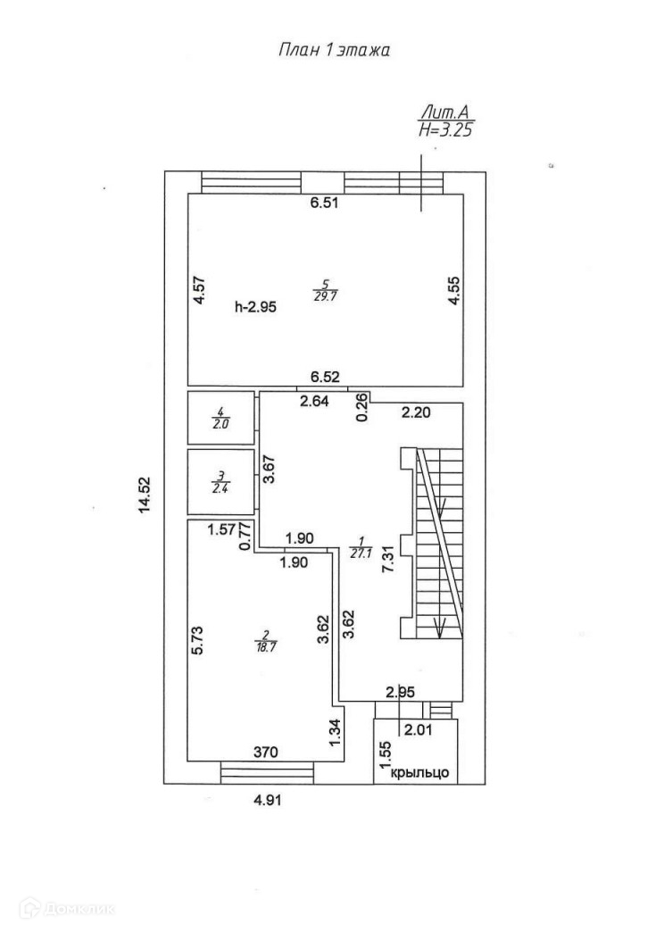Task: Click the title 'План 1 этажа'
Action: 335,51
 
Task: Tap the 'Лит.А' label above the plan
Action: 444,113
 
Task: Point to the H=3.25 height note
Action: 444,129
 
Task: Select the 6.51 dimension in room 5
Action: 325,204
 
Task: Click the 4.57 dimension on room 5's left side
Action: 201,293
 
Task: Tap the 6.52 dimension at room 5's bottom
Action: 325,378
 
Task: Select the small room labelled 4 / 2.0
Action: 220,418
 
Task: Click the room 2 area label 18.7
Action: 263,643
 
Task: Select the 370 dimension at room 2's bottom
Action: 265,753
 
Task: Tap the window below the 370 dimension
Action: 265,771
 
